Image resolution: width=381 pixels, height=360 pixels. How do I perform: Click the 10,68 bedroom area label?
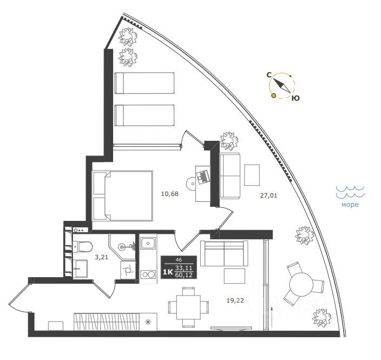[169, 194]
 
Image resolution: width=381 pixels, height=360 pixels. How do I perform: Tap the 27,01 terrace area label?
[268, 195]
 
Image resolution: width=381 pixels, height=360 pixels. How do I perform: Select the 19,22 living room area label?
[235, 300]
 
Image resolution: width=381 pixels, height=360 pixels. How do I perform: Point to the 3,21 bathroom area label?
[101, 257]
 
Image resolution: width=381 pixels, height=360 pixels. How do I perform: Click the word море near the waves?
[350, 205]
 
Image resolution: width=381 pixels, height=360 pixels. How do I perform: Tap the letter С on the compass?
[269, 75]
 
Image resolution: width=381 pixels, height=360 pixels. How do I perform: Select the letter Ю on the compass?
[295, 98]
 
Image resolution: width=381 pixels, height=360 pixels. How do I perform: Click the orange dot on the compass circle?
[274, 96]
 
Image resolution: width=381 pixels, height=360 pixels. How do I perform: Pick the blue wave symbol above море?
[350, 192]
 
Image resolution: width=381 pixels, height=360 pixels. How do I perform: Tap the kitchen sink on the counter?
[148, 243]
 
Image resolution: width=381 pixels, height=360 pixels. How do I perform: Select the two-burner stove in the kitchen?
[148, 274]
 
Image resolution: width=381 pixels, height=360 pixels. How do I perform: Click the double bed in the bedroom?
[122, 196]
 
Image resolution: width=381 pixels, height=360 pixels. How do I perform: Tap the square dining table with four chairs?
[188, 307]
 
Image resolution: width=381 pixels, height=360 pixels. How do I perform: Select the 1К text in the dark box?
[168, 272]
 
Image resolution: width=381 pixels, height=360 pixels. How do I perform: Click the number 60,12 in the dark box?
[183, 275]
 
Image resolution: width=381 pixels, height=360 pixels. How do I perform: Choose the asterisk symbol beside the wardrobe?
[148, 322]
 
